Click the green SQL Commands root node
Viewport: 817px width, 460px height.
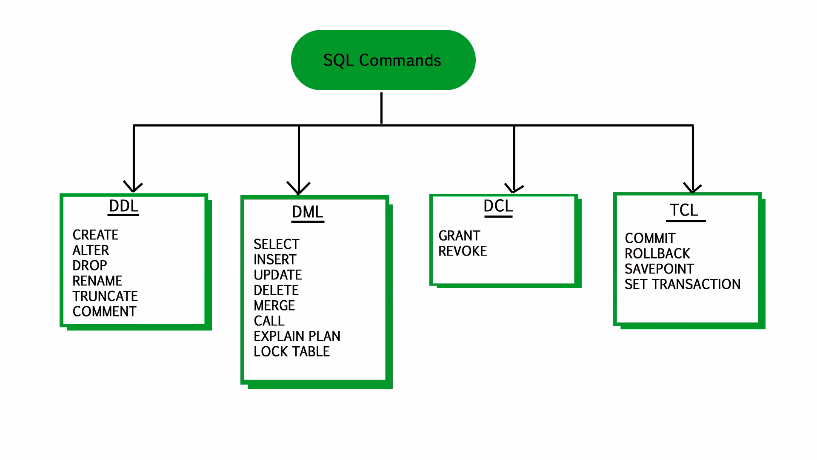[x=383, y=60]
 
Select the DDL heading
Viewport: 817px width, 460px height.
[x=123, y=206]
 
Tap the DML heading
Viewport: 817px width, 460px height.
[x=307, y=212]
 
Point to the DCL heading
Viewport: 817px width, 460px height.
[x=498, y=206]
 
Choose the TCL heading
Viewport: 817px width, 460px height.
[x=684, y=210]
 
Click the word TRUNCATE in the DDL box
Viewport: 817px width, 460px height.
[x=105, y=296]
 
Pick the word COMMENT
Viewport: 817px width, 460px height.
[x=104, y=311]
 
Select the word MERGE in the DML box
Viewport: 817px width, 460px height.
[x=274, y=305]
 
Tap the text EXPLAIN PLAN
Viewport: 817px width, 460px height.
[x=297, y=336]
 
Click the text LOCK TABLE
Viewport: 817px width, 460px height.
[x=291, y=351]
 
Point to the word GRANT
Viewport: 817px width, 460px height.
[x=459, y=236]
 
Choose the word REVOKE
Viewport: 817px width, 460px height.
[x=463, y=251]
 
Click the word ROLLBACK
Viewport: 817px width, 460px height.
[x=657, y=253]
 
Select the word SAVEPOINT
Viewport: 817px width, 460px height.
[x=659, y=269]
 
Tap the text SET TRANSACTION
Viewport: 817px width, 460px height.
[x=683, y=284]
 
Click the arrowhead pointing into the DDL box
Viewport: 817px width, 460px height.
[x=133, y=187]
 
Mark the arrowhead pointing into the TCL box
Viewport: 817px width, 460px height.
[x=692, y=188]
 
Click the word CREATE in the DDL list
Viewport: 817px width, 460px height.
[x=95, y=235]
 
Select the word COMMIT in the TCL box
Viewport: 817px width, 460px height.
[x=650, y=238]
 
